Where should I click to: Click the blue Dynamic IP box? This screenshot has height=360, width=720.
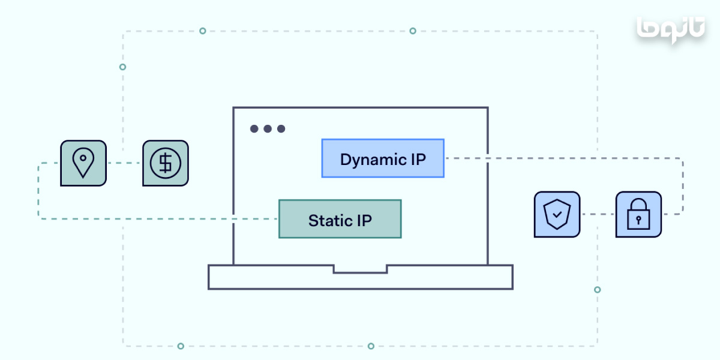pos(383,158)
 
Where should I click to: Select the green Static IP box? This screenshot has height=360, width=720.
pos(340,219)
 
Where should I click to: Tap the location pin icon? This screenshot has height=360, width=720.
pos(83,163)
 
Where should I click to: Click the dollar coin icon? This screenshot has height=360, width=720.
pos(165,163)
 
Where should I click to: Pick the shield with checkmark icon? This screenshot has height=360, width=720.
pos(557,214)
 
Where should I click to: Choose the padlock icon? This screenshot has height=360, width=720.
pos(638,214)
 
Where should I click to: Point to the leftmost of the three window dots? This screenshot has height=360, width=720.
pos(254,128)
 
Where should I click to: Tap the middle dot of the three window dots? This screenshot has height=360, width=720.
pos(268,128)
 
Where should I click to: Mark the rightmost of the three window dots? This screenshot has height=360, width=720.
pos(281,128)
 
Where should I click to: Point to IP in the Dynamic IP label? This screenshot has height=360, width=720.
pos(418,159)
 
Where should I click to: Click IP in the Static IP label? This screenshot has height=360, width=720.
pos(364,220)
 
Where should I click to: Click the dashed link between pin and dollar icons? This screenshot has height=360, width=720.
pos(124,163)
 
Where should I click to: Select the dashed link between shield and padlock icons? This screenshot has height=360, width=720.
pos(598,214)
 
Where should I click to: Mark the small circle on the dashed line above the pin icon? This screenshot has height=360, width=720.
pos(122,67)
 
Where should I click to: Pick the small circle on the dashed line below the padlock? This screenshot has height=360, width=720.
pos(597,290)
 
